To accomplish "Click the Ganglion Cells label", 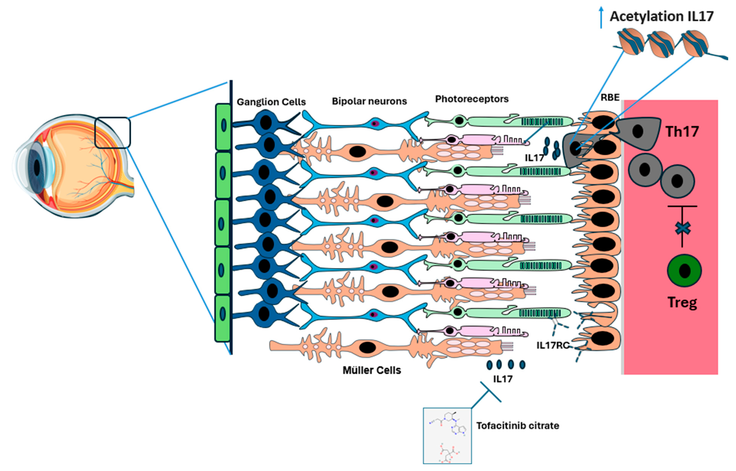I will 271,102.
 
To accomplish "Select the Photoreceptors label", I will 472,99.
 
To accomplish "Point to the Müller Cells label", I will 372,370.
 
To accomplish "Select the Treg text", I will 682,302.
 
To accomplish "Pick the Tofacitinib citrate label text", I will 518,426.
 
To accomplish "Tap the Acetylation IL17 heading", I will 662,16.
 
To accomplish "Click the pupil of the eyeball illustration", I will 37,167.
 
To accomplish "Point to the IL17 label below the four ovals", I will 503,379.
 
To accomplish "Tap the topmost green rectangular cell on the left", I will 223,127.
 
